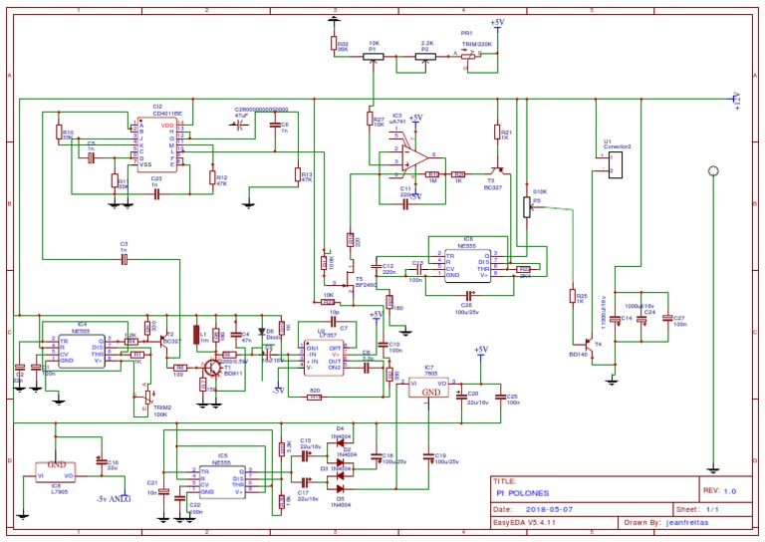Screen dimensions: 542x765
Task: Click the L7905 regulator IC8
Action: (x=57, y=469)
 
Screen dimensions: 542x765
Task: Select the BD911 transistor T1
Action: (x=212, y=369)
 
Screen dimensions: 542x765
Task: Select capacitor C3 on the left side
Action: (x=125, y=259)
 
